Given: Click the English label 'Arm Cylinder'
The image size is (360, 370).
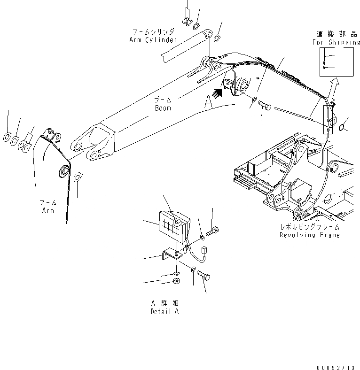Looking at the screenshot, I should point(153,40).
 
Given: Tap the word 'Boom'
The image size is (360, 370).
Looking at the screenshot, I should point(163,108).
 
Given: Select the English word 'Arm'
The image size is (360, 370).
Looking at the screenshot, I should point(47,211).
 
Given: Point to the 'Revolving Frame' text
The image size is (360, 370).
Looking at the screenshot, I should point(309,235).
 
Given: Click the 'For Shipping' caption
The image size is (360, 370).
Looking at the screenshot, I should point(336,42).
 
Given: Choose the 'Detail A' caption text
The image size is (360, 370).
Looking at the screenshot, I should point(164,311).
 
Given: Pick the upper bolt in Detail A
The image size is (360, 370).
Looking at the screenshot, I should point(212,230).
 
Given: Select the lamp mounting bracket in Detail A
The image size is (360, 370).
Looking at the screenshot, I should point(168,256).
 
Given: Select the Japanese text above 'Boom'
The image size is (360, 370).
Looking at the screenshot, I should point(163,100).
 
